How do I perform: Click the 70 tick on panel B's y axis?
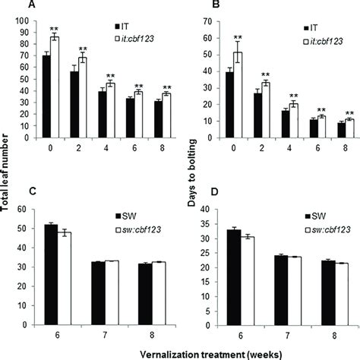tap(207, 17)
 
